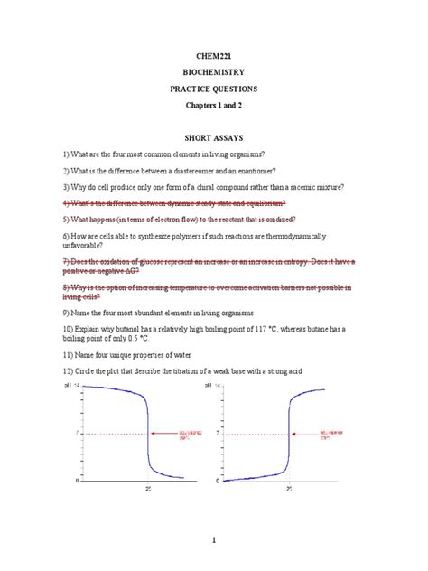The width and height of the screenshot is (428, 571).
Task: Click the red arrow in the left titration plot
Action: (165, 434)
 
